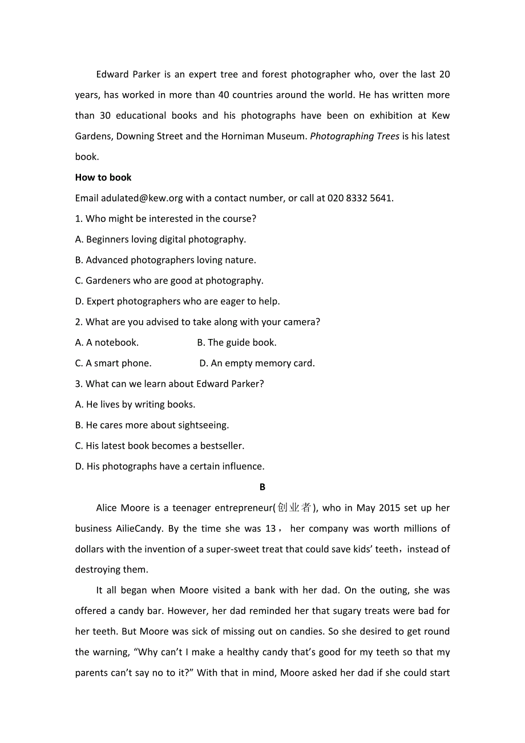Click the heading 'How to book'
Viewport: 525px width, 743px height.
pyautogui.click(x=103, y=177)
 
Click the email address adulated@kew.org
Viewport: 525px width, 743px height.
pyautogui.click(x=142, y=198)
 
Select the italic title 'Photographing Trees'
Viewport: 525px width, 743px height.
pyautogui.click(x=354, y=136)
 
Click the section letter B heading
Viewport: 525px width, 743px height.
pyautogui.click(x=262, y=487)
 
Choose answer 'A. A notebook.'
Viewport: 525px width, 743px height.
pyautogui.click(x=107, y=342)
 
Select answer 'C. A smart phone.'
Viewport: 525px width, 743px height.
pyautogui.click(x=113, y=363)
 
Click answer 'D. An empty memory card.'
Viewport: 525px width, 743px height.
pyautogui.click(x=257, y=363)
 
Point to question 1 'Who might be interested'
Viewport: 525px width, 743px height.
pyautogui.click(x=165, y=219)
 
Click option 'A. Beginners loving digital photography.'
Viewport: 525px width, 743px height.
pyautogui.click(x=160, y=239)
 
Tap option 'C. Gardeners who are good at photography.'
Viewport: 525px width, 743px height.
pyautogui.click(x=169, y=280)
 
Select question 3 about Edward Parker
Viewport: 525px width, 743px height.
pyautogui.click(x=169, y=383)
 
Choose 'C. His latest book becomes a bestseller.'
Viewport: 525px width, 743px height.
pyautogui.click(x=160, y=446)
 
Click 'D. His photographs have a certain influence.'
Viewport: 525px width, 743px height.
pyautogui.click(x=169, y=466)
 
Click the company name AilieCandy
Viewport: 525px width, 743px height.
pyautogui.click(x=139, y=528)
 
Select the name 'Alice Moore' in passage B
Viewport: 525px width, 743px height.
pyautogui.click(x=121, y=508)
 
